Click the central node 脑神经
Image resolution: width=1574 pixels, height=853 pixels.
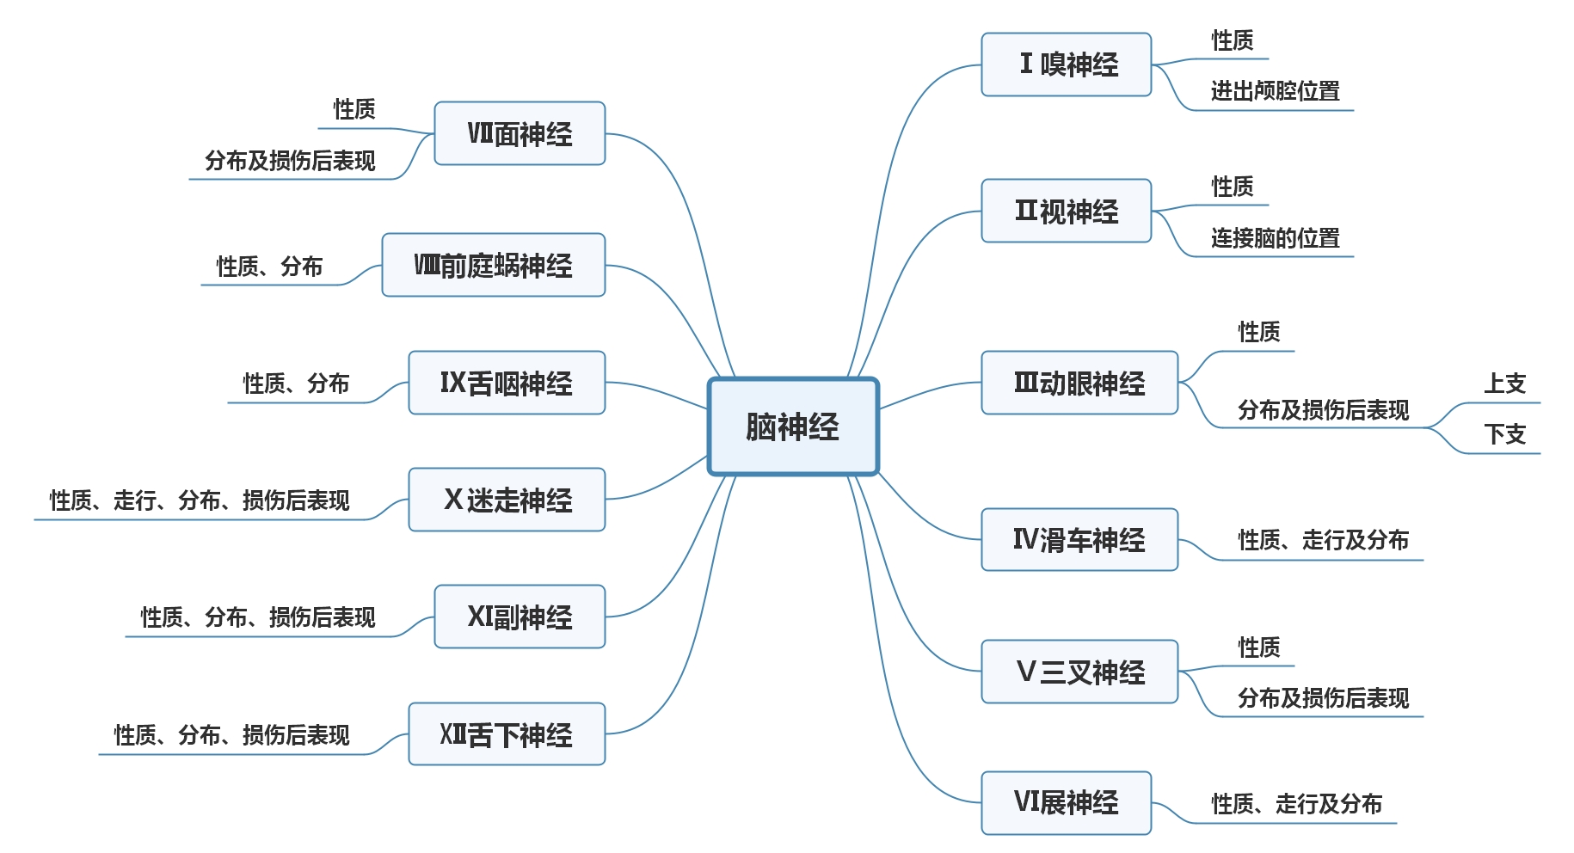pos(792,426)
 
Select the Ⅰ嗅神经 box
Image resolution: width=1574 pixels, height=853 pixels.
pos(1066,64)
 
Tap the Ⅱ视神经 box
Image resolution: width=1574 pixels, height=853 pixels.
pos(1066,211)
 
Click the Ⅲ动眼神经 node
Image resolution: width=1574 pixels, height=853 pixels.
pos(1079,383)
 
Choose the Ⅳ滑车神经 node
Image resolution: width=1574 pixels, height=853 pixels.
pos(1079,540)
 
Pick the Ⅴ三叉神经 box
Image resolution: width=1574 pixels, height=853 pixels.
pos(1079,672)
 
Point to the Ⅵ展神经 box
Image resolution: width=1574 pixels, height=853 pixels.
pos(1066,802)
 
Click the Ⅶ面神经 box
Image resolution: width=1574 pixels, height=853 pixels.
pos(520,133)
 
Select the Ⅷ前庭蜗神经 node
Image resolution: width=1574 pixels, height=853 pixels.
pos(493,265)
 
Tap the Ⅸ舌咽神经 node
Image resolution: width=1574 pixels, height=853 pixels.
pos(506,383)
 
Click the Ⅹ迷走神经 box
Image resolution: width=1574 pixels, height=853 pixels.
pos(506,500)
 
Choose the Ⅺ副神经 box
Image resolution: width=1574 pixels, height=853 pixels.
pos(520,617)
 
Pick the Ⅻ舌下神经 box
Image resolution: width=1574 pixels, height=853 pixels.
pos(506,734)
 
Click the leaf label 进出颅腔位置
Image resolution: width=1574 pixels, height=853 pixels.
pos(1275,91)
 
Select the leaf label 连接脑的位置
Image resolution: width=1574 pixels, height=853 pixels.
pos(1275,238)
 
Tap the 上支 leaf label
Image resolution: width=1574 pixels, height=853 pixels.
pos(1504,384)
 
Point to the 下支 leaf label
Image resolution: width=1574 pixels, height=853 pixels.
pos(1504,434)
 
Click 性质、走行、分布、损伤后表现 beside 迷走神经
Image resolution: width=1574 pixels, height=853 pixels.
pos(200,500)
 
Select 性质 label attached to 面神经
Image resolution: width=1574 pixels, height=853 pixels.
pos(354,109)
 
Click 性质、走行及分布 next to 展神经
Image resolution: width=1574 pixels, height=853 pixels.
pos(1296,804)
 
